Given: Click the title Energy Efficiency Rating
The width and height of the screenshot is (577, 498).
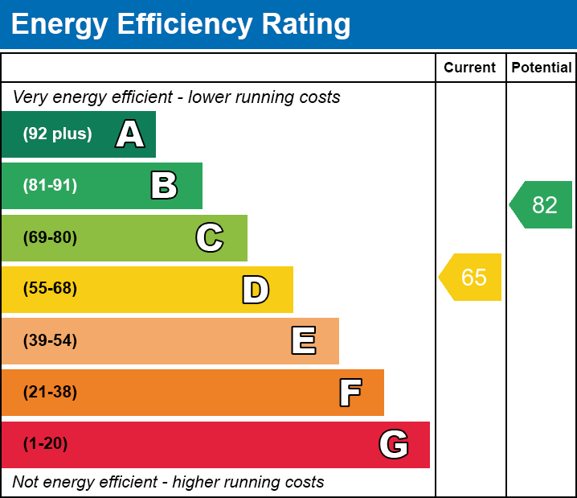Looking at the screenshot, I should click(x=181, y=25).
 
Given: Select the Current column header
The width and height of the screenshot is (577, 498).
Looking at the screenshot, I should click(x=470, y=68).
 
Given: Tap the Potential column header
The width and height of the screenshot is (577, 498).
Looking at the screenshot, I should click(x=542, y=68).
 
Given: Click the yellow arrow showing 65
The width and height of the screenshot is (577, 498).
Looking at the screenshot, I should click(x=472, y=278).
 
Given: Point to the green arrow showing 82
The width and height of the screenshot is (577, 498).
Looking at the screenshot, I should click(x=542, y=205).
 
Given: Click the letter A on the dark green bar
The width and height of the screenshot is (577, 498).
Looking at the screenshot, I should click(x=130, y=134).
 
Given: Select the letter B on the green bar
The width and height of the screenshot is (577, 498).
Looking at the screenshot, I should click(x=164, y=186).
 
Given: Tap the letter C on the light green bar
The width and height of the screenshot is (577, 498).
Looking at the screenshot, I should click(x=210, y=237).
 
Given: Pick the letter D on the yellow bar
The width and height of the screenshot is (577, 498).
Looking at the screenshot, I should click(x=256, y=290).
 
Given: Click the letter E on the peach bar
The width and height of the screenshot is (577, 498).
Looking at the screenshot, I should click(x=303, y=341).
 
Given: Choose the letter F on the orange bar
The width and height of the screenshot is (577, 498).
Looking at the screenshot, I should click(x=350, y=393).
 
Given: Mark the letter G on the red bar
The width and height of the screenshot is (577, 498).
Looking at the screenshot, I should click(x=394, y=444).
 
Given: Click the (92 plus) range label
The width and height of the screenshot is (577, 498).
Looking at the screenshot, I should click(x=57, y=134).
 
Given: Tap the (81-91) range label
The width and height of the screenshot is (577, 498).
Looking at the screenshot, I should click(x=50, y=186).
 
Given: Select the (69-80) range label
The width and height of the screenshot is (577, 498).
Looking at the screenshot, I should click(x=50, y=237).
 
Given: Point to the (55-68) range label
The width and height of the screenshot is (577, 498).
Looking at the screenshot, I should click(x=50, y=289).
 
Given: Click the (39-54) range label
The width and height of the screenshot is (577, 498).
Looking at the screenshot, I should click(x=50, y=341).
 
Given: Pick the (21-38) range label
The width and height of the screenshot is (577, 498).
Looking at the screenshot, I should click(x=50, y=393).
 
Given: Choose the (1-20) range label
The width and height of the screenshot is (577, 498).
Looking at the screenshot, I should click(x=46, y=444).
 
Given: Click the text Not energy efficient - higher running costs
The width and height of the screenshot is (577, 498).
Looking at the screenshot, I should click(x=169, y=483).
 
